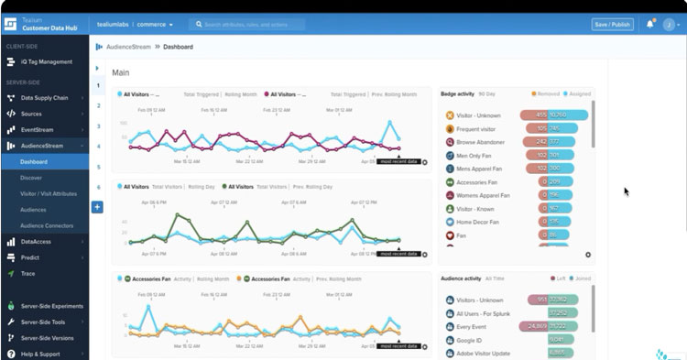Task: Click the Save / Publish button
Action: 613,24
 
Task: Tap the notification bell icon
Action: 650,24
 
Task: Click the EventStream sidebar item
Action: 39,130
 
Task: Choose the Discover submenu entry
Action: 31,178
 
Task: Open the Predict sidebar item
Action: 32,257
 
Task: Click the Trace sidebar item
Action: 29,273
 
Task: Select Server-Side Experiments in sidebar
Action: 53,306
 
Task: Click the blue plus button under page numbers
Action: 97,207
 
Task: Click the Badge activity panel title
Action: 459,93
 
